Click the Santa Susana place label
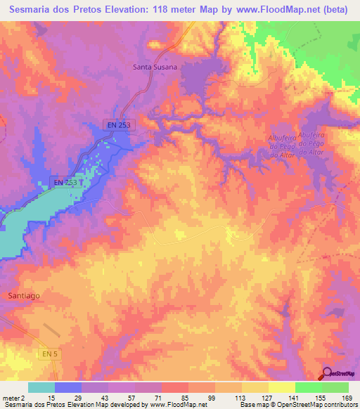pyautogui.click(x=155, y=67)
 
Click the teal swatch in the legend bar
pyautogui.click(x=41, y=388)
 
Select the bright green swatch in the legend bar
pyautogui.click(x=309, y=388)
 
